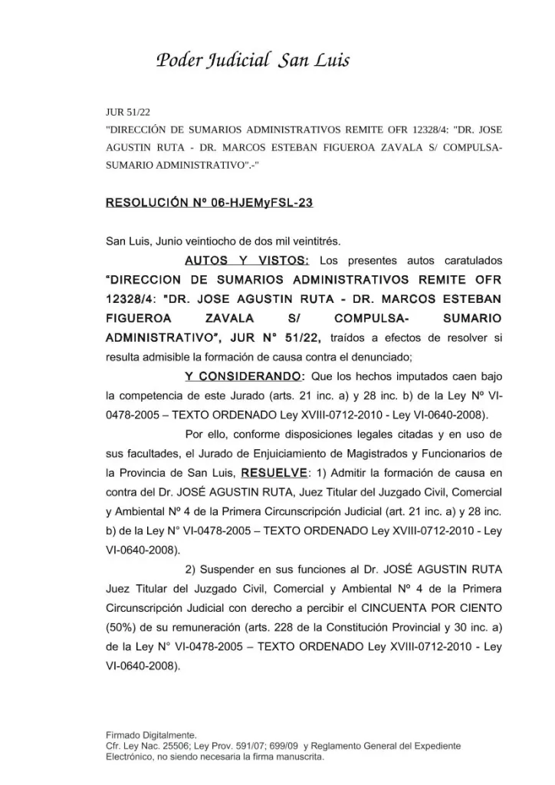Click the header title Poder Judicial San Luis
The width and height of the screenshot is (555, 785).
pos(253,61)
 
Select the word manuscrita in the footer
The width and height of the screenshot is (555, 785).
pos(298,756)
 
